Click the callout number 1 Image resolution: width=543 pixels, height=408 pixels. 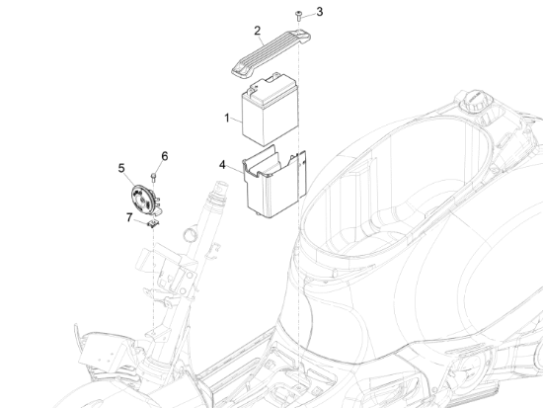point(227,118)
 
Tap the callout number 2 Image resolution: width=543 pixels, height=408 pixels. point(258,30)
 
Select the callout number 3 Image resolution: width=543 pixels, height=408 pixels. point(320,12)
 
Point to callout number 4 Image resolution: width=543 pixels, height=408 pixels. point(223,164)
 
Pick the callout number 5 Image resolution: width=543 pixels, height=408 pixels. point(121,168)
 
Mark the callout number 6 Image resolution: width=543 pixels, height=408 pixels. point(165,156)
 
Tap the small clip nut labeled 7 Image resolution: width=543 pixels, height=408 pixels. point(153,223)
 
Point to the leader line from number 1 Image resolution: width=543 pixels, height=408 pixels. point(238,119)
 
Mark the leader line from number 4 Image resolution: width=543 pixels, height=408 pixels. point(236,169)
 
